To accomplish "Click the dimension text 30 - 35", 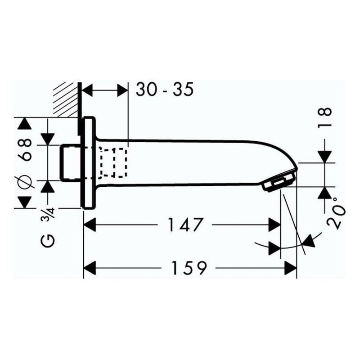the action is point(165,89).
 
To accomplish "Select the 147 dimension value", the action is point(185,225).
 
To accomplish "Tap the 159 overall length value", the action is point(189,268).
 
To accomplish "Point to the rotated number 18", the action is point(324,117).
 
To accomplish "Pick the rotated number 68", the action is point(24,150).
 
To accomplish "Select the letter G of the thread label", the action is point(48,241).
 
